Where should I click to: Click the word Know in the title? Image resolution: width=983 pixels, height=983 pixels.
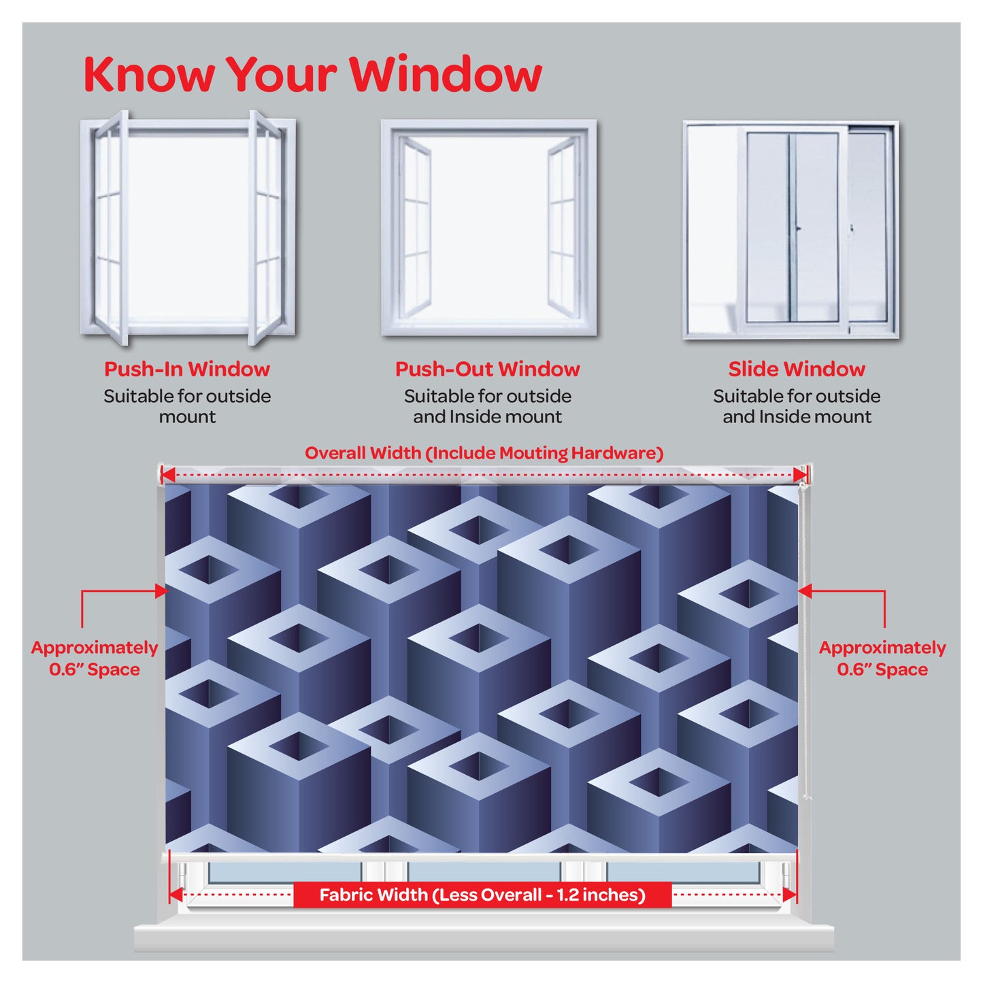pos(148,74)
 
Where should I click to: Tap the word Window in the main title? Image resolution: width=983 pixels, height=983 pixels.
pos(446,74)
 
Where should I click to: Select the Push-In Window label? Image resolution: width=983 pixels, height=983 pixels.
pos(187,369)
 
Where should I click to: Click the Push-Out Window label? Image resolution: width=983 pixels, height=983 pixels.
pos(488,369)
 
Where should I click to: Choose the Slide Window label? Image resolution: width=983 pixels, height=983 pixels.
pos(797,369)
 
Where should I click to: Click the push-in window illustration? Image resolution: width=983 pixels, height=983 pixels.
pos(188,227)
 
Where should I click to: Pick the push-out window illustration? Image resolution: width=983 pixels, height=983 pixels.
pos(488,227)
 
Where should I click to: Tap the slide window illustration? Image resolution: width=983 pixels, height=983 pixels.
pos(790,229)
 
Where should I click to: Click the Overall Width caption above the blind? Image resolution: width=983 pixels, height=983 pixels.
pos(484,453)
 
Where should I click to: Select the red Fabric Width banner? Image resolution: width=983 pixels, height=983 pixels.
pos(482,895)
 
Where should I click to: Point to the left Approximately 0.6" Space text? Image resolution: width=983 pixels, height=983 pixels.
pos(95,659)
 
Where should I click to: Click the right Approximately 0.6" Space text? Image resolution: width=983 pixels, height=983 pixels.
pos(882,659)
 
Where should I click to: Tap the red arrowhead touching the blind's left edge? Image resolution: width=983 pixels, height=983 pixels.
pos(162,591)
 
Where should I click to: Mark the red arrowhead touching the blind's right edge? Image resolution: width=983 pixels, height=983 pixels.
pos(805,591)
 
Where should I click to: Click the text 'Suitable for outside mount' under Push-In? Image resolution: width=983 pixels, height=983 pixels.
pos(187,407)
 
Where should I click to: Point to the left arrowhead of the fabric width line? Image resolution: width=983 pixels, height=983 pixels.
pos(176,895)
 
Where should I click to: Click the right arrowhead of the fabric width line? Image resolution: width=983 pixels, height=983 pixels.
pos(790,895)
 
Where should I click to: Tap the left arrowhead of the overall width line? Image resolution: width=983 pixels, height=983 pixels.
pos(168,475)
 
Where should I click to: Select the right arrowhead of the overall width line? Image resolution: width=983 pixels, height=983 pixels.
pos(801,475)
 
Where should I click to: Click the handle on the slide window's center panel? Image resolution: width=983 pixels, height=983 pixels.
pos(799,229)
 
